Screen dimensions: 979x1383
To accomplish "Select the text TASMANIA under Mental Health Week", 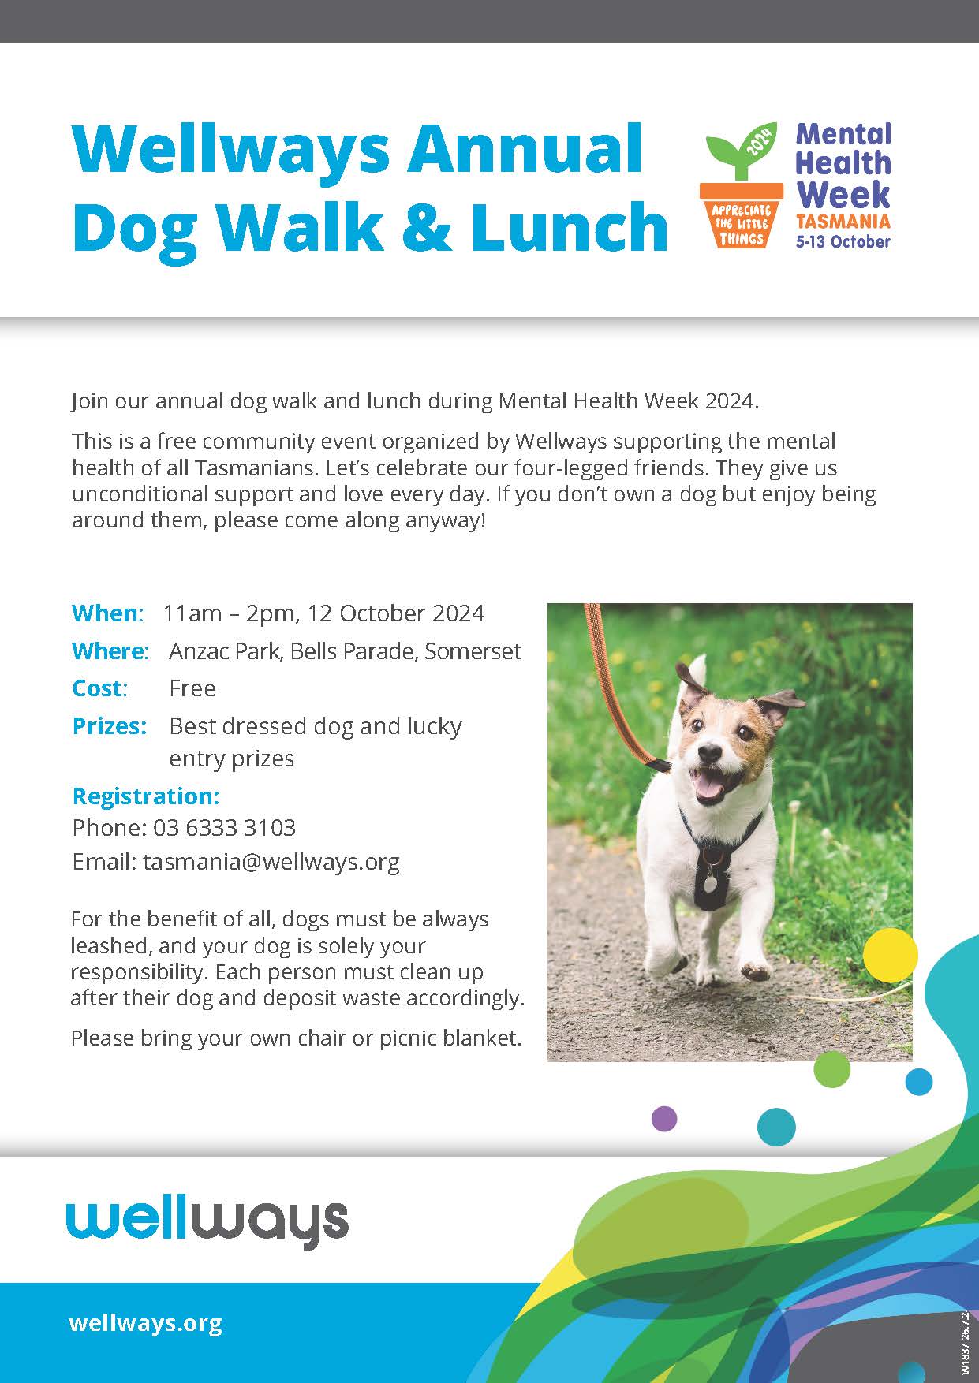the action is coord(843,222).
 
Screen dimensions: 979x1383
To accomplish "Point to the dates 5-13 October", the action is coord(843,241).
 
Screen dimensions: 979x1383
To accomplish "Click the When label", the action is coord(107,613).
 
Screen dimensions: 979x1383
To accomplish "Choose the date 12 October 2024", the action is coord(395,613).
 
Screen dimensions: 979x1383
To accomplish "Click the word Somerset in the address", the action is coord(473,650).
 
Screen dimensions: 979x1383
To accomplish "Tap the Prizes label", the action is coord(109,725).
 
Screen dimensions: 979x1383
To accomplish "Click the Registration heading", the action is coord(146,796).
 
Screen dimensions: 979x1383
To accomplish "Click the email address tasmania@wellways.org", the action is coord(271,861).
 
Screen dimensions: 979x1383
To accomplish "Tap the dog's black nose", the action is coord(710,751).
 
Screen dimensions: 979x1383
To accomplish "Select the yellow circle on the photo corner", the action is coord(891,955).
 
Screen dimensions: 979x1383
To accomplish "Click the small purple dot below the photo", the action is coord(664,1118).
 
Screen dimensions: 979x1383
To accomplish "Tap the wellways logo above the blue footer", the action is coord(207,1221).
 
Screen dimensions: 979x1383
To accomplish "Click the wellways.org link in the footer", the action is coord(145,1322).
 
